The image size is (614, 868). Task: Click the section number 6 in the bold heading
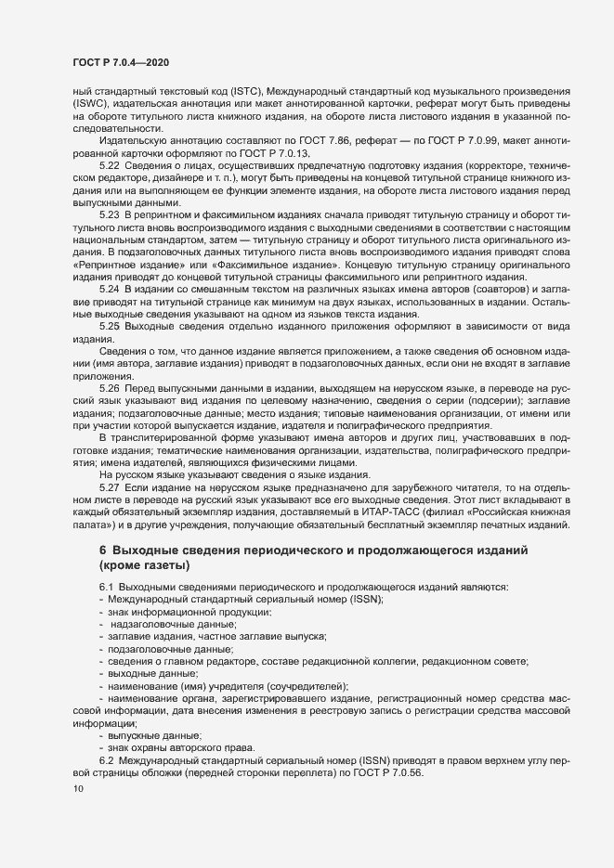[104, 551]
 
